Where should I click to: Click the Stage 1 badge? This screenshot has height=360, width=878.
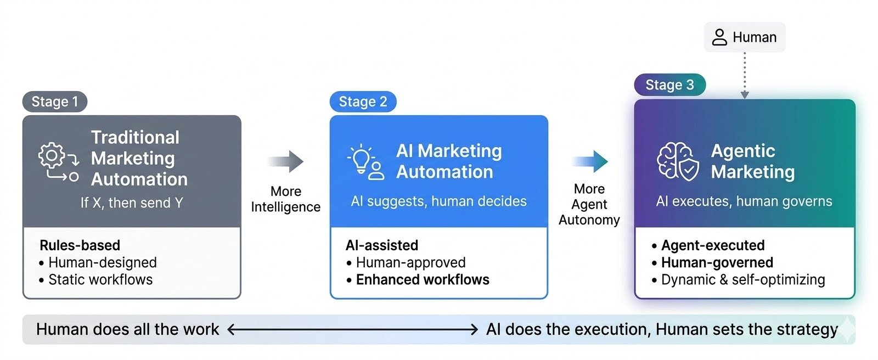click(54, 102)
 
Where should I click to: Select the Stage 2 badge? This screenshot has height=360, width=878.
click(363, 102)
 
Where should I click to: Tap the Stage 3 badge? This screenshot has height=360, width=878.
click(669, 85)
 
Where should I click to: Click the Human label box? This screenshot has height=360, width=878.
click(745, 37)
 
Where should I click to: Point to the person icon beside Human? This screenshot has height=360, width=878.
click(719, 37)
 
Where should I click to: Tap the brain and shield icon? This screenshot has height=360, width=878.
click(678, 161)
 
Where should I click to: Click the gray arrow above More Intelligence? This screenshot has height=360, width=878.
click(286, 161)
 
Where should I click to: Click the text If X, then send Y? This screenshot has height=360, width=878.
click(132, 203)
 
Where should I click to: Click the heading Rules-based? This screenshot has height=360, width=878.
click(80, 245)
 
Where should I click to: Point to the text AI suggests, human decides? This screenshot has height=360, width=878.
click(438, 201)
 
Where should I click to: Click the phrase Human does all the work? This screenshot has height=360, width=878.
click(127, 329)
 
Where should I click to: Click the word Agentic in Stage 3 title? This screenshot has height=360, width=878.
click(743, 151)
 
